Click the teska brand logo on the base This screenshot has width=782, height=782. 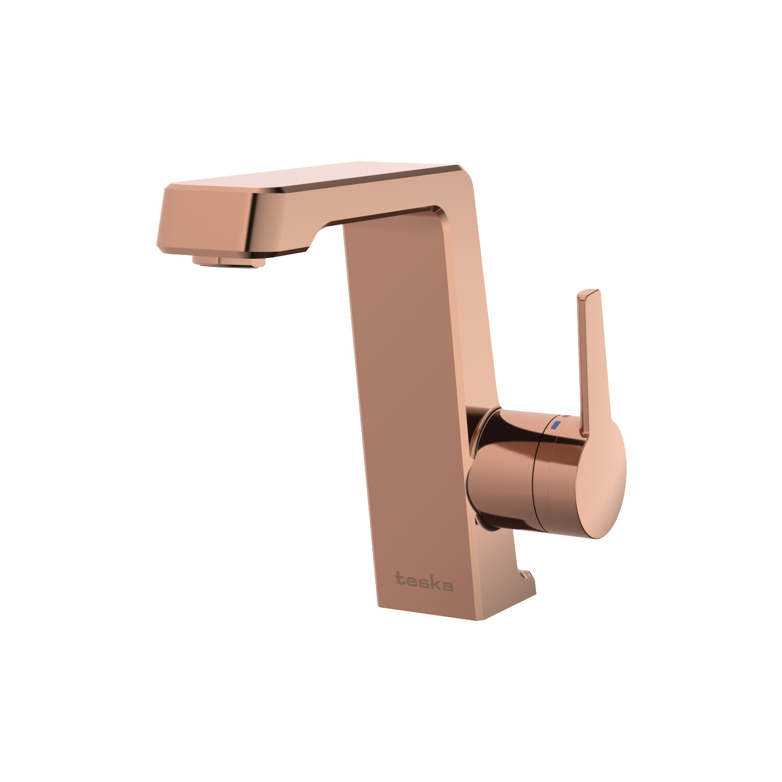click(424, 582)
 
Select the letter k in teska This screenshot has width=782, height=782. click(436, 582)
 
